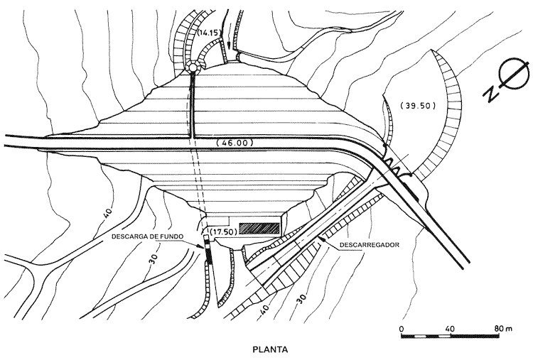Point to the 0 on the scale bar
402,328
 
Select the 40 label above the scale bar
449,328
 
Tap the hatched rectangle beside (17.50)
258,228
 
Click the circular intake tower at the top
193,67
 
